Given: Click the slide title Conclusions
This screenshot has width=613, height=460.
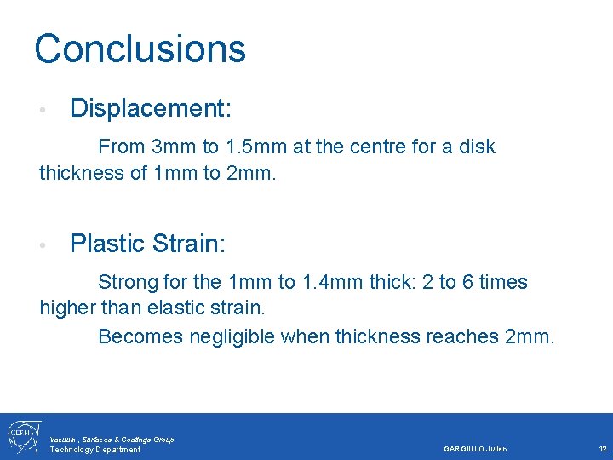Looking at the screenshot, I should [140, 49].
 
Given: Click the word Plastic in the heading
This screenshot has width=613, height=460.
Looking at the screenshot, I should [106, 244].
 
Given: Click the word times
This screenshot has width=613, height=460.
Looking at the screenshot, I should [501, 282].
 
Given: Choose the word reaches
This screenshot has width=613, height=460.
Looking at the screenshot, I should [462, 336].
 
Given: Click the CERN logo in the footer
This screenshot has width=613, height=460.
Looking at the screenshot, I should [20, 436].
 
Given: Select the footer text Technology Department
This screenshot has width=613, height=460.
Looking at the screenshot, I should [95, 450].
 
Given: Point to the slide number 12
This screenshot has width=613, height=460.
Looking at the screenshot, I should [603, 449].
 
